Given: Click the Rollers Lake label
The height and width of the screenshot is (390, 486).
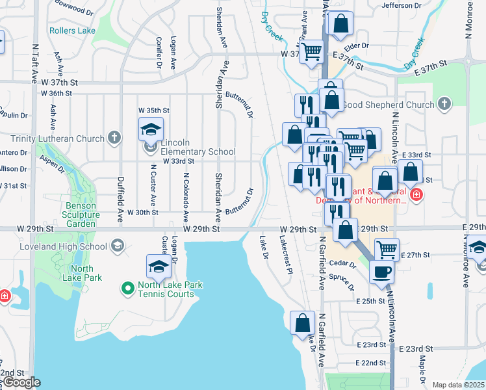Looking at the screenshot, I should pos(72,31).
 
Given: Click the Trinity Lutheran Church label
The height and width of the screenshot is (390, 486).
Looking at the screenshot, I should pos(58,138).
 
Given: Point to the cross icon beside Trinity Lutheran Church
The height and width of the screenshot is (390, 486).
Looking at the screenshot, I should pos(114,138).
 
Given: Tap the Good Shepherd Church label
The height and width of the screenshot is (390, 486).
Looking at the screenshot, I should pos(388,104).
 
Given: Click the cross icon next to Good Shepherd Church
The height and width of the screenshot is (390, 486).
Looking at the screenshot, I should pos(444,104).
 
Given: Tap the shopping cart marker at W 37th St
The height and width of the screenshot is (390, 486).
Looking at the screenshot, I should pos(311,51).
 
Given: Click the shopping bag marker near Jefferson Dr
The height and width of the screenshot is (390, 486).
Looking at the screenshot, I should pos(340,24).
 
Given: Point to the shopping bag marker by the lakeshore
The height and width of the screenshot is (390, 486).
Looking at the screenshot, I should pos(303,323).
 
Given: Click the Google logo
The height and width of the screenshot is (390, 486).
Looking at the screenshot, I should pos(21,383).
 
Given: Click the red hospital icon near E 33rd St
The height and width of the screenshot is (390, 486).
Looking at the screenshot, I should pos(416,194).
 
